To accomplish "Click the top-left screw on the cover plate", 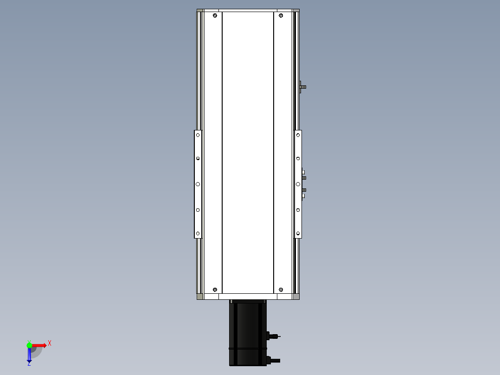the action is pos(215,15).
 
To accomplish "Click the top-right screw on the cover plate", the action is pos(281,15).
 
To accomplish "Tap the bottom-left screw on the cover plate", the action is pos(215,290).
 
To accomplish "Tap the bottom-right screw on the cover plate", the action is pos(281,290).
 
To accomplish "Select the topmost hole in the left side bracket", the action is pos(198,135).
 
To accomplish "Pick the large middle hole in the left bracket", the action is pos(198,184).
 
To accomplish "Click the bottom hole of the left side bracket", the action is pos(198,233).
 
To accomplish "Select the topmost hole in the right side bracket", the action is pos(298,135).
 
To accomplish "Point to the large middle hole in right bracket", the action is pos(298,184).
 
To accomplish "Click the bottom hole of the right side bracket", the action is pos(298,233).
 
